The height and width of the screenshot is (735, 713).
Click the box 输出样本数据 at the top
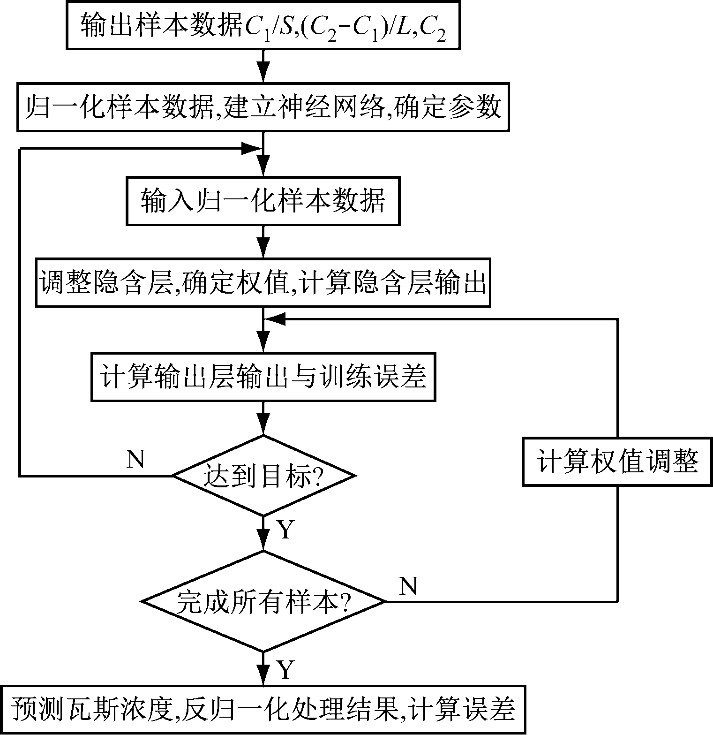(x=263, y=26)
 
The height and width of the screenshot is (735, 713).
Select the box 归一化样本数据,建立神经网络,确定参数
(x=263, y=107)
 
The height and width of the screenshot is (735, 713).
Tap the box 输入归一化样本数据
(x=263, y=201)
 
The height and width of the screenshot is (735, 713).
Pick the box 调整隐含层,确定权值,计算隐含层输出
(x=263, y=282)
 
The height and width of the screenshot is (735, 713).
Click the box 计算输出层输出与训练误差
(x=263, y=377)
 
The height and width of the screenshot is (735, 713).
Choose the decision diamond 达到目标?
(x=263, y=476)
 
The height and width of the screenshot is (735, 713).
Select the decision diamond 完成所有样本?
(x=263, y=601)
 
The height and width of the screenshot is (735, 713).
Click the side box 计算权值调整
(x=617, y=462)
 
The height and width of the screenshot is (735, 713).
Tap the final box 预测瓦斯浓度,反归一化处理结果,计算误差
(x=263, y=710)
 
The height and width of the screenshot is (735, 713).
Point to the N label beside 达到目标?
(x=135, y=459)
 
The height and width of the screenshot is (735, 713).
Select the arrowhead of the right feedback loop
(x=277, y=319)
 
